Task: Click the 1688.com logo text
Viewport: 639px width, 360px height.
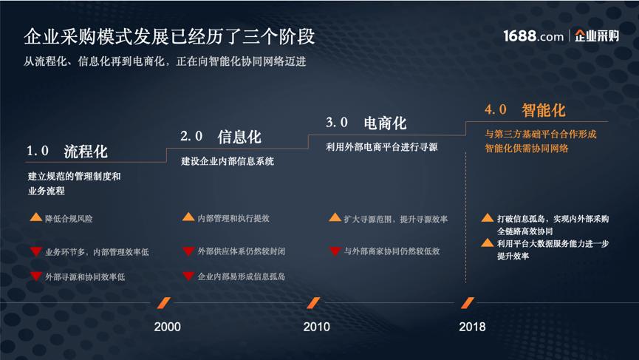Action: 533,35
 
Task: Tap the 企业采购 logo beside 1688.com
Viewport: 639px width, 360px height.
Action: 596,35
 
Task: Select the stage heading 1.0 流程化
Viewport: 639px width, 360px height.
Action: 68,152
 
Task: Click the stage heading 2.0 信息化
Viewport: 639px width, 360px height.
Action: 221,137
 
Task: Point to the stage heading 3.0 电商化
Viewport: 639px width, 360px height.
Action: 366,122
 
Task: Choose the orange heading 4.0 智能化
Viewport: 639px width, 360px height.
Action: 525,110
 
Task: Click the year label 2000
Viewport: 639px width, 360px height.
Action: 167,327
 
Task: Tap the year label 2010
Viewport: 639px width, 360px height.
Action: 317,327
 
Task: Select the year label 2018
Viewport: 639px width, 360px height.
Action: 472,327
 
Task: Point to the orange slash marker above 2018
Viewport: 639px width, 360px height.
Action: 467,302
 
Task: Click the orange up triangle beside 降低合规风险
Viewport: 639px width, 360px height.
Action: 35,218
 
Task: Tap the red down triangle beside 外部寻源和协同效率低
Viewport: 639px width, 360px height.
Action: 35,276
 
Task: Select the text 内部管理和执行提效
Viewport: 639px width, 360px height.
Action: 233,219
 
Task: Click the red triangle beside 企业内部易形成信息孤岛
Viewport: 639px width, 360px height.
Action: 188,276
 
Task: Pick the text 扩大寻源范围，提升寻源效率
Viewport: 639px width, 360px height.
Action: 395,219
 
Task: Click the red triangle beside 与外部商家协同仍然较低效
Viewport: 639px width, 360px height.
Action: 335,251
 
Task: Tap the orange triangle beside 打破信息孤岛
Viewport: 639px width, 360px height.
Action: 488,218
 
